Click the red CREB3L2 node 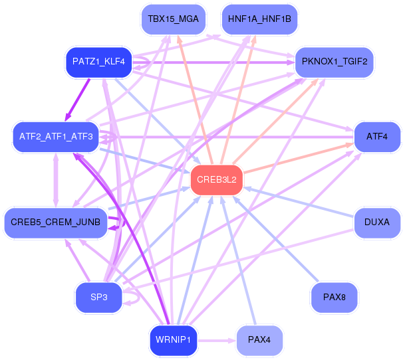(217, 180)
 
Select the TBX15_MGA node (174, 19)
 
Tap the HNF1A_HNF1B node (259, 19)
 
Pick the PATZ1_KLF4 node (98, 62)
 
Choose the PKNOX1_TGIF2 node (335, 62)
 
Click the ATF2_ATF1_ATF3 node (56, 137)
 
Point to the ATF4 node (377, 137)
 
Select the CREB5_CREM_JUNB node (56, 223)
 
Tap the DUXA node (377, 223)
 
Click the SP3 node (98, 298)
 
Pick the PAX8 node (335, 298)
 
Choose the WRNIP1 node (174, 340)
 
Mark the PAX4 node (259, 340)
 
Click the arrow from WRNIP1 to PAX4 (217, 341)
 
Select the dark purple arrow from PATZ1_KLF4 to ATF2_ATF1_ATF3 (78, 100)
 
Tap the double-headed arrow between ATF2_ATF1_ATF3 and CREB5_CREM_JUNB (56, 180)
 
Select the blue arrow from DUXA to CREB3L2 (299, 203)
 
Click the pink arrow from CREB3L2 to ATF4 (299, 158)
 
